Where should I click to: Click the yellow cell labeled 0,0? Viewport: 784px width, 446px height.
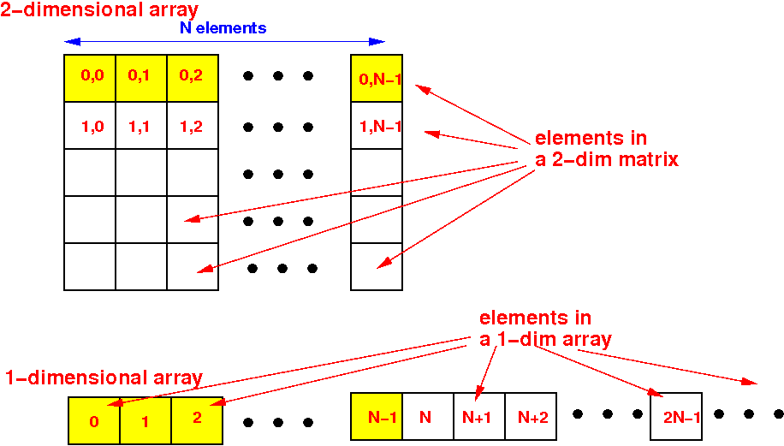click(90, 79)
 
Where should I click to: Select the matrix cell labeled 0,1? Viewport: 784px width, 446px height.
click(141, 79)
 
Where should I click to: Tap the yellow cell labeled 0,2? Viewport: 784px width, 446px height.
click(193, 79)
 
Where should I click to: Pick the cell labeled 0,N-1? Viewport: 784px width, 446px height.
click(377, 79)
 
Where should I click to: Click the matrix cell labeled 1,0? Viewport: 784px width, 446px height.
click(90, 126)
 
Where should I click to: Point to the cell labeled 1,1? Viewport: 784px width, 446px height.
click(141, 126)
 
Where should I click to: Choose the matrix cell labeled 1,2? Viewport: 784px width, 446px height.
click(193, 126)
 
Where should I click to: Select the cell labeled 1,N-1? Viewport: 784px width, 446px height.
click(377, 126)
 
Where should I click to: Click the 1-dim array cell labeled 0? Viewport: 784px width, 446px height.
click(94, 421)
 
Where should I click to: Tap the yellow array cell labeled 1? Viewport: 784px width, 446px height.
click(146, 421)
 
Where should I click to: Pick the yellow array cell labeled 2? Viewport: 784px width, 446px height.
click(197, 421)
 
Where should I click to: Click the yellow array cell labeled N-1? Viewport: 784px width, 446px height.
click(377, 417)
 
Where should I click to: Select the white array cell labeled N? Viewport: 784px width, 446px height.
click(428, 417)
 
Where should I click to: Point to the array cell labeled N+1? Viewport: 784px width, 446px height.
click(479, 417)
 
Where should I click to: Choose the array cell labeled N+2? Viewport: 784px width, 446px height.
click(531, 417)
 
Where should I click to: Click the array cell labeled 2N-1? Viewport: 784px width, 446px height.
click(676, 417)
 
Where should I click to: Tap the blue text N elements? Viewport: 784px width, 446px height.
click(223, 28)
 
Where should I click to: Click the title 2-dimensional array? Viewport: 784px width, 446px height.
click(99, 10)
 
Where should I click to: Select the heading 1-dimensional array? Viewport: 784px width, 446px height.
click(104, 378)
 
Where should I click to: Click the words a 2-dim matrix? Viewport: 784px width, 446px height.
click(607, 159)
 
